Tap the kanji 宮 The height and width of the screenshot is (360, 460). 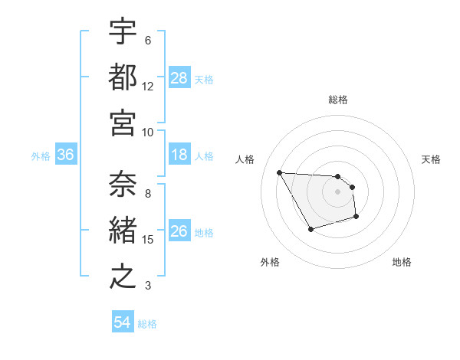123,122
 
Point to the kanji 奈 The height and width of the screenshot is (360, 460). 123,185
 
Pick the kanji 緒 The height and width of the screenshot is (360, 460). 123,231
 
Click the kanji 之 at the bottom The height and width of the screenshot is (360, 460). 123,276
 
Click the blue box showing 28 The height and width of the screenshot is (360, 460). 179,78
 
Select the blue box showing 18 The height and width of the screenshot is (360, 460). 179,155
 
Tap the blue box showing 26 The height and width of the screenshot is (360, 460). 179,232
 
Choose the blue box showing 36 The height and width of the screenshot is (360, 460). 66,155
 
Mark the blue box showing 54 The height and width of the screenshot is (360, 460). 123,323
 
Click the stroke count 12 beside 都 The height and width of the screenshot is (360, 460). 148,86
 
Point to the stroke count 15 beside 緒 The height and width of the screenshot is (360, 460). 148,240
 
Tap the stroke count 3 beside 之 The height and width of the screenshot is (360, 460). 148,286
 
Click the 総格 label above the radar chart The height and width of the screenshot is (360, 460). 338,100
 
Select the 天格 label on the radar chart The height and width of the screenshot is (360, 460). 431,159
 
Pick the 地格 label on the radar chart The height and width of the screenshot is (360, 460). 402,262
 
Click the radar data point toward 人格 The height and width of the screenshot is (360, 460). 279,172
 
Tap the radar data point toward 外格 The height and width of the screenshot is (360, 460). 310,229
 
